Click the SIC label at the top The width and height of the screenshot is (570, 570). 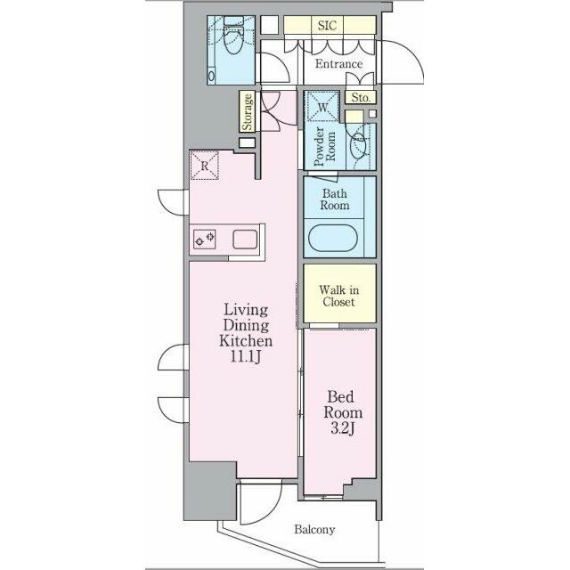(327, 26)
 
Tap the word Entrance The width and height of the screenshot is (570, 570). (338, 64)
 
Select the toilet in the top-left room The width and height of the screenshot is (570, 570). (233, 36)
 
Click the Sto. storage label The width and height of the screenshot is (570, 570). (361, 97)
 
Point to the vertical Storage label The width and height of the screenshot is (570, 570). (248, 112)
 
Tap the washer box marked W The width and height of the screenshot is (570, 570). (322, 107)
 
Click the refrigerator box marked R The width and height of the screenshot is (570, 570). (205, 166)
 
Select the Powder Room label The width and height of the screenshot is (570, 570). (324, 146)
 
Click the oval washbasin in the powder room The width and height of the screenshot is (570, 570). (358, 144)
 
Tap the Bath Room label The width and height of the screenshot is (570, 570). (335, 199)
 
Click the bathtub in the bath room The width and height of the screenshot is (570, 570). (333, 238)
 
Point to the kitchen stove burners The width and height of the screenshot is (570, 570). (204, 239)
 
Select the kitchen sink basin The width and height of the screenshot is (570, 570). (245, 240)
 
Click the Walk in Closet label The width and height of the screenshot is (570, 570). (338, 296)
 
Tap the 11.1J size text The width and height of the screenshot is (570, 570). (246, 356)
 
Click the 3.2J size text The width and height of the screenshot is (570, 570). (342, 428)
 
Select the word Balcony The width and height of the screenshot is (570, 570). (314, 529)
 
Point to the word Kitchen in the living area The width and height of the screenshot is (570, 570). (246, 340)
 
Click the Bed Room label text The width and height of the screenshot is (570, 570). (343, 404)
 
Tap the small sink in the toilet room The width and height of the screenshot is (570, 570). (211, 76)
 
